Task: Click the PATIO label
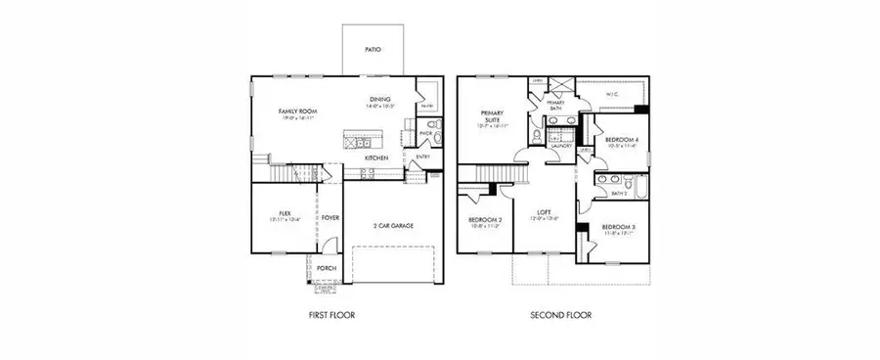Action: click(372, 48)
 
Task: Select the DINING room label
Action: click(381, 99)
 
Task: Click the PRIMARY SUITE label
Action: click(491, 116)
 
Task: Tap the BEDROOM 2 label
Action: click(485, 220)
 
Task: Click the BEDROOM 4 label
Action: click(622, 141)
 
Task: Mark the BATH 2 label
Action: click(617, 193)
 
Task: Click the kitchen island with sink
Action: click(355, 138)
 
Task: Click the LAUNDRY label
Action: click(560, 146)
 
